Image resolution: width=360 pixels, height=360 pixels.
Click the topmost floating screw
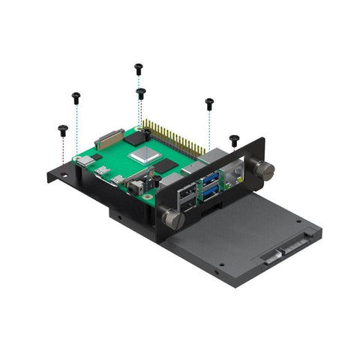138,67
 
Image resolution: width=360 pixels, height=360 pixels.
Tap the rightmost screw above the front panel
234,139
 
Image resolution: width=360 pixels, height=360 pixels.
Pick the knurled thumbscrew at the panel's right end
263,169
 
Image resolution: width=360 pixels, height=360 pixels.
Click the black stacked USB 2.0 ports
185,200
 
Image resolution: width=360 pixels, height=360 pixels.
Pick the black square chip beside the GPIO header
135,137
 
